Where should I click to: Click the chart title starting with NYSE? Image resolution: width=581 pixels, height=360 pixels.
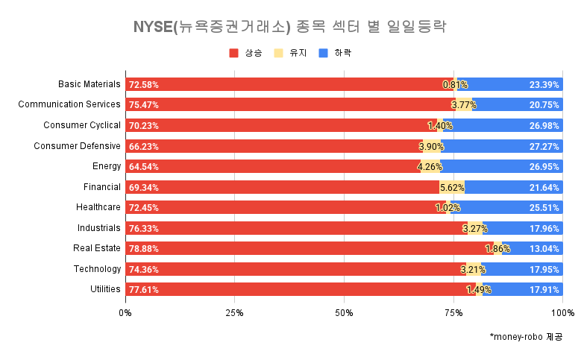290,28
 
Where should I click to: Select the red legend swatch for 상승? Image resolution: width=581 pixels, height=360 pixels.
233,53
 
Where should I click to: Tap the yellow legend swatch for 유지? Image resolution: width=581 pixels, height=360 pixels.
279,53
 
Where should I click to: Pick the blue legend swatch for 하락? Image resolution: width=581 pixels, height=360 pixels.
324,53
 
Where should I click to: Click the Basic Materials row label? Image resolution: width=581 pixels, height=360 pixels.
89,84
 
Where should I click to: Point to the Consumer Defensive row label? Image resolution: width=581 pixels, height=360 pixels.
77,145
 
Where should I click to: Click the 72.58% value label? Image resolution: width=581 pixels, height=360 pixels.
143,85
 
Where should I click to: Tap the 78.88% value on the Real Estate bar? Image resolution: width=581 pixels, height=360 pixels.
143,249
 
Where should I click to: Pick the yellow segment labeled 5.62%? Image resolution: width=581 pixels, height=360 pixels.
452,187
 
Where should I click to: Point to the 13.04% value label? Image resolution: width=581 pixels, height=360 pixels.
544,249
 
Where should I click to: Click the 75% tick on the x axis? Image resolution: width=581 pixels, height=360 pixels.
453,312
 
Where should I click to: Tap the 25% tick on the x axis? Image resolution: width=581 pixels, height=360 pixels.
235,312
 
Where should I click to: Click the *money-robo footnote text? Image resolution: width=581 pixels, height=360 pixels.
526,337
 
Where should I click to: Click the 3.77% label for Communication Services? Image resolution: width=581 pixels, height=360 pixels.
463,105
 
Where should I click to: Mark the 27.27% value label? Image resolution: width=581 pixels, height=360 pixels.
544,146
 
